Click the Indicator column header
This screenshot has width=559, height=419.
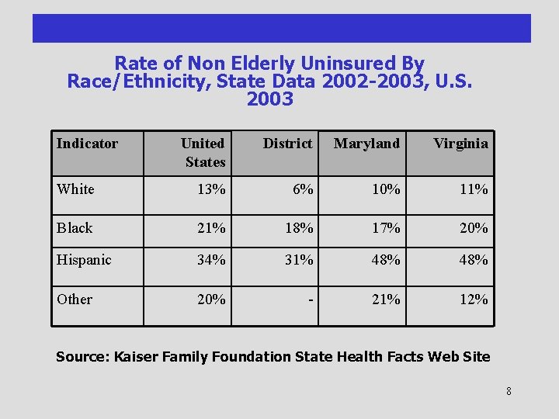[87, 144]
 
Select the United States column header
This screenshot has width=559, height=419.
[203, 152]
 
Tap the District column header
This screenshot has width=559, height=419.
[287, 144]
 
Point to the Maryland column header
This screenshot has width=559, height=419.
[366, 144]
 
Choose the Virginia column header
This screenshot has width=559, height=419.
[460, 144]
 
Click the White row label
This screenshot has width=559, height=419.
[75, 189]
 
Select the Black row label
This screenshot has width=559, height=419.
[75, 227]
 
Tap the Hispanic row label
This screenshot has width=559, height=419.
[84, 260]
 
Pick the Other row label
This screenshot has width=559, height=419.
[75, 300]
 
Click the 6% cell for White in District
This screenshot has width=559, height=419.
[303, 189]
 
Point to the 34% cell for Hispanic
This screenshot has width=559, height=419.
[211, 260]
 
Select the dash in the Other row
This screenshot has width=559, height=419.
[311, 300]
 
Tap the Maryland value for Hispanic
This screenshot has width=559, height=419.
[386, 260]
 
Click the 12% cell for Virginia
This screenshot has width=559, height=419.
[474, 300]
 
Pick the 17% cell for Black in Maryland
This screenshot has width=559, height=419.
[386, 227]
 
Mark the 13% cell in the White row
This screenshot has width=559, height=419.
[211, 189]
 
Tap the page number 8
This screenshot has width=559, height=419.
[509, 391]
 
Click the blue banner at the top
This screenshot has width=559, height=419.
[281, 28]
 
